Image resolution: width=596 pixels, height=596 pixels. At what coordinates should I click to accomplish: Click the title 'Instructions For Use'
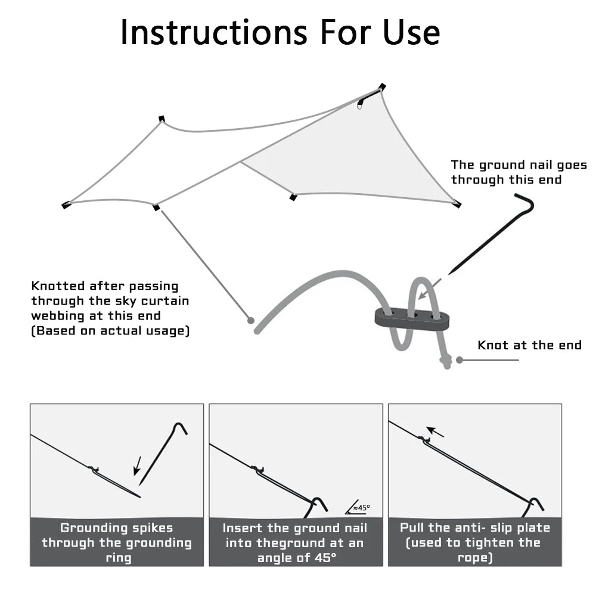280,32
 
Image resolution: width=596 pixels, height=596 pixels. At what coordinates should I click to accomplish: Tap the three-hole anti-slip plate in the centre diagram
412,318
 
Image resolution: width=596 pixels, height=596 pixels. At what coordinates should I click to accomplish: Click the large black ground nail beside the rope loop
491,234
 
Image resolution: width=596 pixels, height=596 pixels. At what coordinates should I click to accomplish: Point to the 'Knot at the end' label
529,345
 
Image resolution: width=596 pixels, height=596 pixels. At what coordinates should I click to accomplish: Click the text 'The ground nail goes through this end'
519,172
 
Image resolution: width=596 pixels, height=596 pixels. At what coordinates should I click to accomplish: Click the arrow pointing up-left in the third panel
435,432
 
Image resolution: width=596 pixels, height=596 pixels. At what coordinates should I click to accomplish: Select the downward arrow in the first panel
137,466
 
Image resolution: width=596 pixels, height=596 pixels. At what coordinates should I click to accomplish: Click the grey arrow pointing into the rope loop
430,289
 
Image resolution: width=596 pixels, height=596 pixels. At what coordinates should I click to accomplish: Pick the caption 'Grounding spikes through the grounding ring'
117,543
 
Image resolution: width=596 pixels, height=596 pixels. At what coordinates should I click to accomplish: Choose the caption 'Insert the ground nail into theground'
294,536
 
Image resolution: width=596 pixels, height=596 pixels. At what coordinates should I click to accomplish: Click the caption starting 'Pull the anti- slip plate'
475,542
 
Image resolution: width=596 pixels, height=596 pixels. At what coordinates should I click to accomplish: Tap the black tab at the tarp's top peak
381,87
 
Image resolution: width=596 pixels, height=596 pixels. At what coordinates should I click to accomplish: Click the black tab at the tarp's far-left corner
66,205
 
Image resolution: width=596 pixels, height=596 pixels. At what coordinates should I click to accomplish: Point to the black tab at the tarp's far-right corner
457,204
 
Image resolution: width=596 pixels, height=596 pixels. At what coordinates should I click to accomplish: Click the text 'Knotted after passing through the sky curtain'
110,293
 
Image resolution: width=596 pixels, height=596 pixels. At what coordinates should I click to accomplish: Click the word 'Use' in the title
412,32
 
